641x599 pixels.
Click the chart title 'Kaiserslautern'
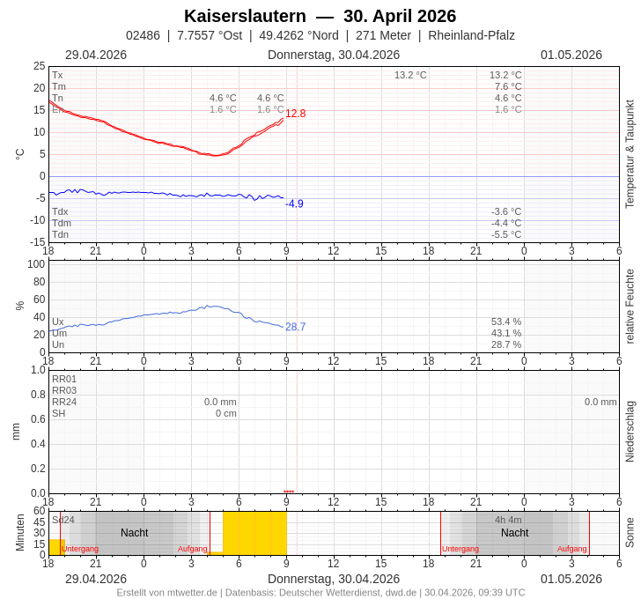point(245,16)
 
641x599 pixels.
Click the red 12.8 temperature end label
point(295,114)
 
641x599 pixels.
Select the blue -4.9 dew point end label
point(294,203)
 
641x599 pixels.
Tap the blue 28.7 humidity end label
point(295,327)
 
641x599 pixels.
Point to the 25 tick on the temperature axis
point(39,66)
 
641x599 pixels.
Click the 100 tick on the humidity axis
point(36,264)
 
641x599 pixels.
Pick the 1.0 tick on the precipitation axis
point(38,370)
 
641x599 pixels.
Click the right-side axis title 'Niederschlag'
point(630,432)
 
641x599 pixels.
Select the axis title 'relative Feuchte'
point(630,307)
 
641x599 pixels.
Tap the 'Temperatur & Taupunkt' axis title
point(630,154)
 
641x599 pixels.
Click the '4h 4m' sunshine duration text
point(508,520)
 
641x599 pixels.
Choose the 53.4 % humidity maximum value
point(506,322)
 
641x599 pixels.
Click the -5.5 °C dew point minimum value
point(506,234)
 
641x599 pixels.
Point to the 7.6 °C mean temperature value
point(508,86)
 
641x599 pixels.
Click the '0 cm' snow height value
point(226,413)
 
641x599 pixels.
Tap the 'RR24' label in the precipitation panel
point(64,402)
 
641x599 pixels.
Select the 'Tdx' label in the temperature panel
point(60,211)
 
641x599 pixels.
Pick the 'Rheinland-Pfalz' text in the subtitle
point(471,35)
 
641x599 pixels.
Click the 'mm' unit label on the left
point(15,432)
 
